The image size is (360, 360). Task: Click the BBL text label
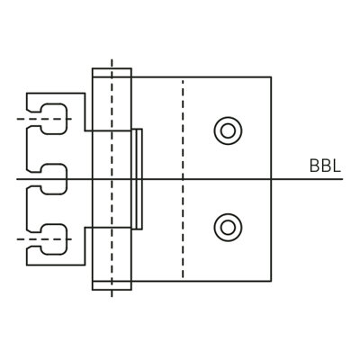click(325, 166)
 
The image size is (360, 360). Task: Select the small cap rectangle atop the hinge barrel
click(112, 73)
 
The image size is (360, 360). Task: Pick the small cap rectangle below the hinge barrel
click(112, 285)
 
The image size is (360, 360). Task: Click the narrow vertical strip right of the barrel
click(137, 179)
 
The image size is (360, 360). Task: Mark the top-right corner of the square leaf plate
click(271, 77)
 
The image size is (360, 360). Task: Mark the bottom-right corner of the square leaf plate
click(271, 282)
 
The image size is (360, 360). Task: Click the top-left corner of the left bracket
click(27, 94)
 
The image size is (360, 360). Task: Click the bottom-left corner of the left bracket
click(27, 265)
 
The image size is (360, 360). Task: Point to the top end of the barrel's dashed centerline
click(112, 59)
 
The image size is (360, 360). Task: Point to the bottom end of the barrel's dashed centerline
click(112, 297)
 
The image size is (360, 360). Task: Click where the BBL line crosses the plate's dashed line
click(183, 179)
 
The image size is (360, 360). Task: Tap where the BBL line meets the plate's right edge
click(271, 179)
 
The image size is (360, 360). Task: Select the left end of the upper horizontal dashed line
click(17, 119)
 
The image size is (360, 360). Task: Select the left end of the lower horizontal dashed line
click(17, 239)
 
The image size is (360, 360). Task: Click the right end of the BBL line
click(343, 179)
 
